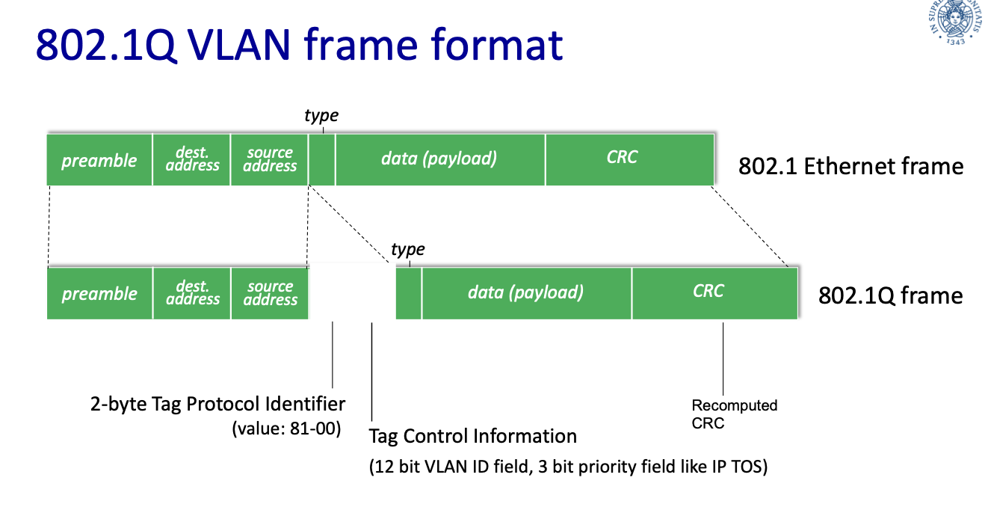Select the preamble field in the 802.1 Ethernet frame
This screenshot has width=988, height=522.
tap(99, 159)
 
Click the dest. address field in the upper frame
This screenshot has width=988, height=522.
tap(192, 159)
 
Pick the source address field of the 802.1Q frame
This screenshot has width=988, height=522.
tap(270, 293)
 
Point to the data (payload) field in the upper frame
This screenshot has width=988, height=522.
tap(439, 159)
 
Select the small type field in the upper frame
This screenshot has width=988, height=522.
tap(322, 159)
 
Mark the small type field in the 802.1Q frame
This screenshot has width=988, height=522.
tap(409, 293)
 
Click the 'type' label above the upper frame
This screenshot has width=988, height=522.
tap(321, 116)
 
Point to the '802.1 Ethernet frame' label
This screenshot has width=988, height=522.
tap(850, 166)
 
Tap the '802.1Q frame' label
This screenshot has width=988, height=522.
tap(890, 296)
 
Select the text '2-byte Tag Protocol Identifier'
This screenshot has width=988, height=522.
tap(217, 405)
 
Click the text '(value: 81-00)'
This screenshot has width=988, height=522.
tap(287, 429)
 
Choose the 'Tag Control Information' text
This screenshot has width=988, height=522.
tap(473, 436)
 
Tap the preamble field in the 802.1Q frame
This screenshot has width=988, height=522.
tap(99, 293)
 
